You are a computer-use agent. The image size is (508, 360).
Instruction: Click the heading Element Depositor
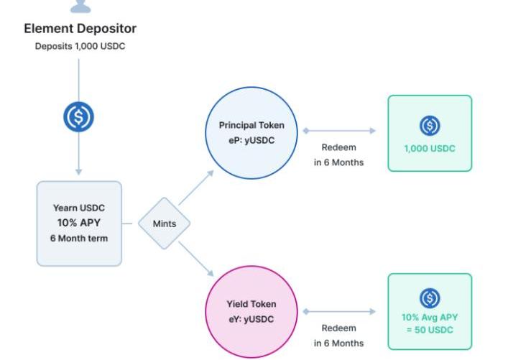(80, 29)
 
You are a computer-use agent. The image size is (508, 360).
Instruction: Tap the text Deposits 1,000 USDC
(79, 46)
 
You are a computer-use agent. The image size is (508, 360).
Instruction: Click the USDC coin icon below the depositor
(79, 117)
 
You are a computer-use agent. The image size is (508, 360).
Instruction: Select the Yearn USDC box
(79, 223)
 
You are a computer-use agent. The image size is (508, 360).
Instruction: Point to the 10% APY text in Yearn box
(79, 223)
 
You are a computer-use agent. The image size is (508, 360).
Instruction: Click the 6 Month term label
(79, 238)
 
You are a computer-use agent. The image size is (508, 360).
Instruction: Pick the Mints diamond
(165, 223)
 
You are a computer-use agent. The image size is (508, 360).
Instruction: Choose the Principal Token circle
(251, 134)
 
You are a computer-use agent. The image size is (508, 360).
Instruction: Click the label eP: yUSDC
(251, 141)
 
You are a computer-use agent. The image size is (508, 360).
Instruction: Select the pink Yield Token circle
(251, 312)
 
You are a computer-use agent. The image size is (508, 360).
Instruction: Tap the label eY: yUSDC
(251, 319)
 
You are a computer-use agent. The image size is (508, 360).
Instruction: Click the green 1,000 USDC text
(430, 149)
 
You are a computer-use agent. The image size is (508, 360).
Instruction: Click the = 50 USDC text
(430, 330)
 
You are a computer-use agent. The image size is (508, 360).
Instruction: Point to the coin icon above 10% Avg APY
(430, 297)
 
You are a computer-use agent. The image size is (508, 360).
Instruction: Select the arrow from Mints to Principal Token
(195, 188)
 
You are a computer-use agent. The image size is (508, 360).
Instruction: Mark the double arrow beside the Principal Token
(339, 131)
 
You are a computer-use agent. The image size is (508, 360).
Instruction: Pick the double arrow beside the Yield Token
(339, 312)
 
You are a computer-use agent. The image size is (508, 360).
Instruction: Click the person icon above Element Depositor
(80, 6)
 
